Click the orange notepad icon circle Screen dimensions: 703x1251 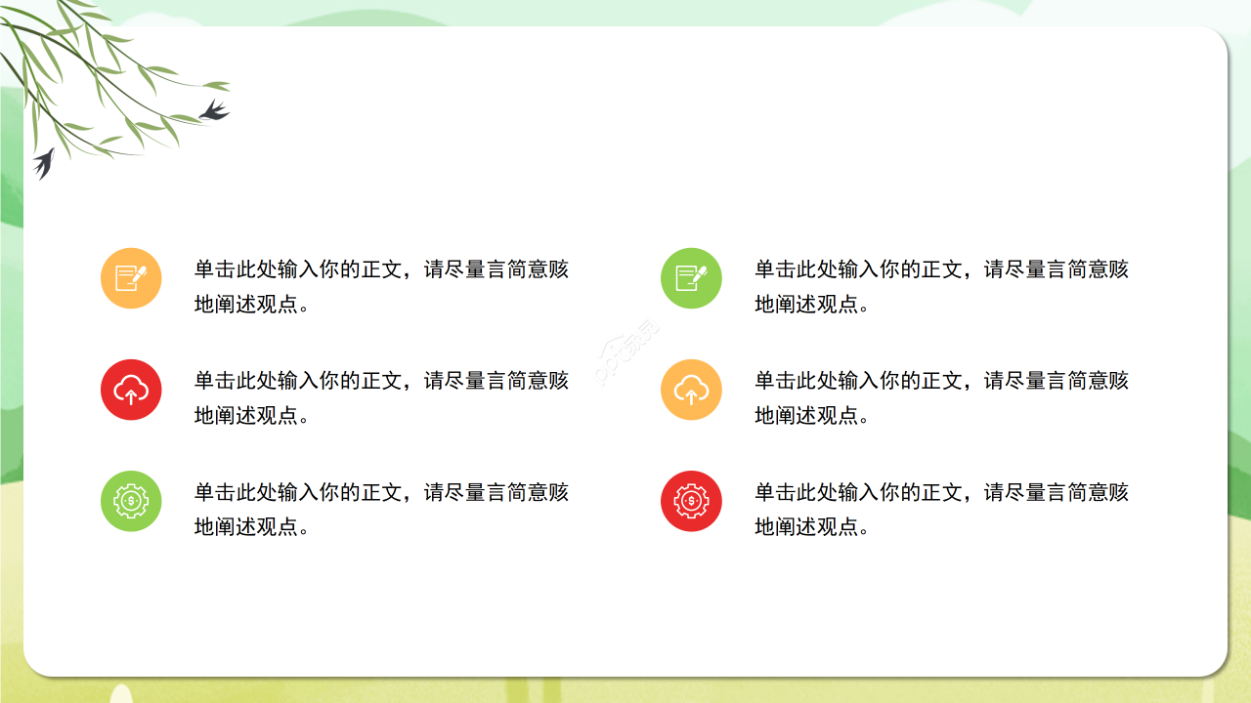point(131,278)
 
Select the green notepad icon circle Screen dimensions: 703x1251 point(691,278)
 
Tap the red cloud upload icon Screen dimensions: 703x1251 point(131,390)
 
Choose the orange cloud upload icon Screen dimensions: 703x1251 point(691,390)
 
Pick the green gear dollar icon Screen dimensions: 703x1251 point(131,501)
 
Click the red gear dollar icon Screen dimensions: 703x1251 point(691,501)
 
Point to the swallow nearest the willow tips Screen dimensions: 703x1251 point(214,110)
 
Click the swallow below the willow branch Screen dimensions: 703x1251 point(43,162)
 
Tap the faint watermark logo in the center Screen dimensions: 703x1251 point(626,351)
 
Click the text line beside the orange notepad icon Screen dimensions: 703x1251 point(381,269)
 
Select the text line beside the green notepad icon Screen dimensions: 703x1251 point(941,269)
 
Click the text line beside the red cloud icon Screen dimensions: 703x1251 point(381,381)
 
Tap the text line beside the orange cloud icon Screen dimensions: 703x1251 point(941,381)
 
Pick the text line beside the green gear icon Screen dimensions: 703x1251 point(381,492)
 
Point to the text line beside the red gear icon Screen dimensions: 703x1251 point(941,492)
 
